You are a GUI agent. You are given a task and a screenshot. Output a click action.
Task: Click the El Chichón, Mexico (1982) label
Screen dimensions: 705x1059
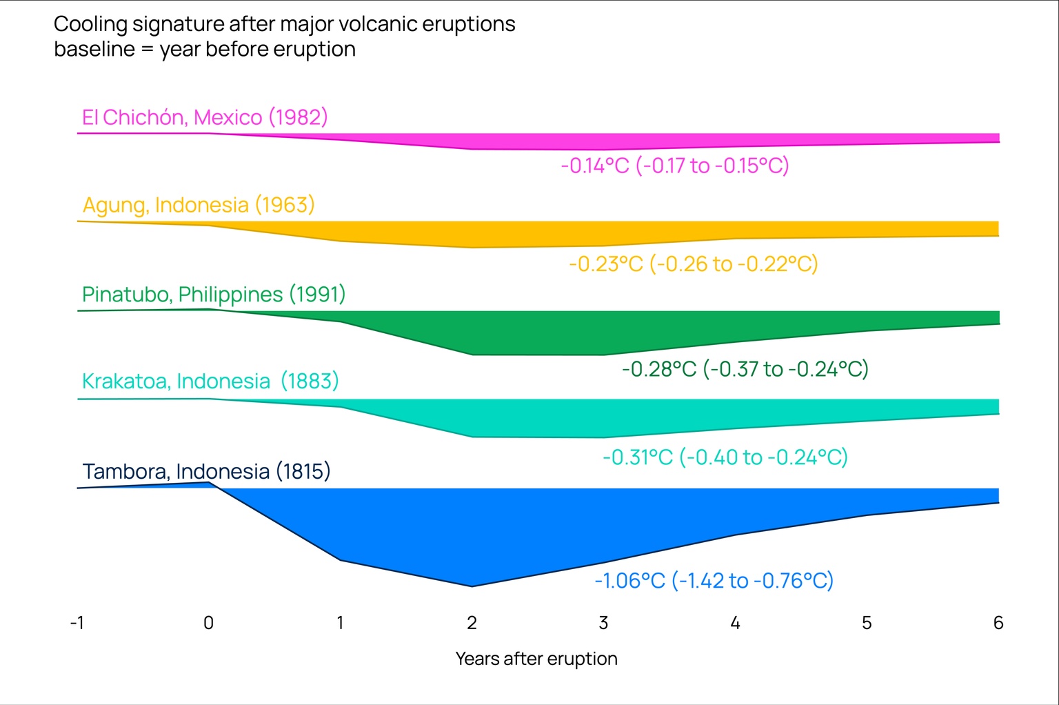(x=205, y=117)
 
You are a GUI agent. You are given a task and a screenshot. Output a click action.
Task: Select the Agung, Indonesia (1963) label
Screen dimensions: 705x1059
(x=199, y=205)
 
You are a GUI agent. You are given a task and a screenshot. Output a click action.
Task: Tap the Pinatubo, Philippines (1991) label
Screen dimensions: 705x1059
(x=214, y=295)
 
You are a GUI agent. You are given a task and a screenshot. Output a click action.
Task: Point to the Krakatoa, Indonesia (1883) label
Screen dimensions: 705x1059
(x=210, y=381)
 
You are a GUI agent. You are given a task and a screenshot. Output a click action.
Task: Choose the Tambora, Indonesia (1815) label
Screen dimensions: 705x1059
(x=206, y=471)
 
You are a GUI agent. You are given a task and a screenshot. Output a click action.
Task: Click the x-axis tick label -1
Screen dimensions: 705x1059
(x=77, y=623)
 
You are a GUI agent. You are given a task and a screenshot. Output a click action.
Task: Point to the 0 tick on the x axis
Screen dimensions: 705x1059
(x=208, y=623)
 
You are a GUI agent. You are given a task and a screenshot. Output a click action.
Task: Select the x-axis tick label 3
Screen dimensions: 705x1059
(x=603, y=623)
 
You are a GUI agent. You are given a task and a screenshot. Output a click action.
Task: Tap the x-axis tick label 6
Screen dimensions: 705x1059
(x=998, y=623)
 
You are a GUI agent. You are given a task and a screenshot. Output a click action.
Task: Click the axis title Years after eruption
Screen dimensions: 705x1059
(x=536, y=659)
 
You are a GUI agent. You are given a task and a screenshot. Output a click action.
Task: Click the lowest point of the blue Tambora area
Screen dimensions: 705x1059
(x=472, y=586)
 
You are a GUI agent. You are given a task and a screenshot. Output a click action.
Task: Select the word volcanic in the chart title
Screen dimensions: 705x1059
(x=377, y=24)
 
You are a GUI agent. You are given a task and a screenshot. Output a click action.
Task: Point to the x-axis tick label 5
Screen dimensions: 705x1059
(x=867, y=623)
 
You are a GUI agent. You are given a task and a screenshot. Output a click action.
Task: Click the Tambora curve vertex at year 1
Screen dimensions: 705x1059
(x=341, y=559)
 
